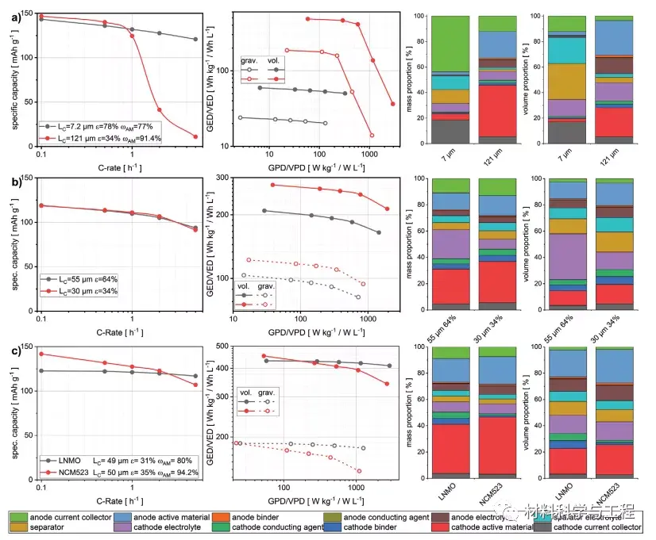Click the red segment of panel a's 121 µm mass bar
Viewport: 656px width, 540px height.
pyautogui.click(x=496, y=110)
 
